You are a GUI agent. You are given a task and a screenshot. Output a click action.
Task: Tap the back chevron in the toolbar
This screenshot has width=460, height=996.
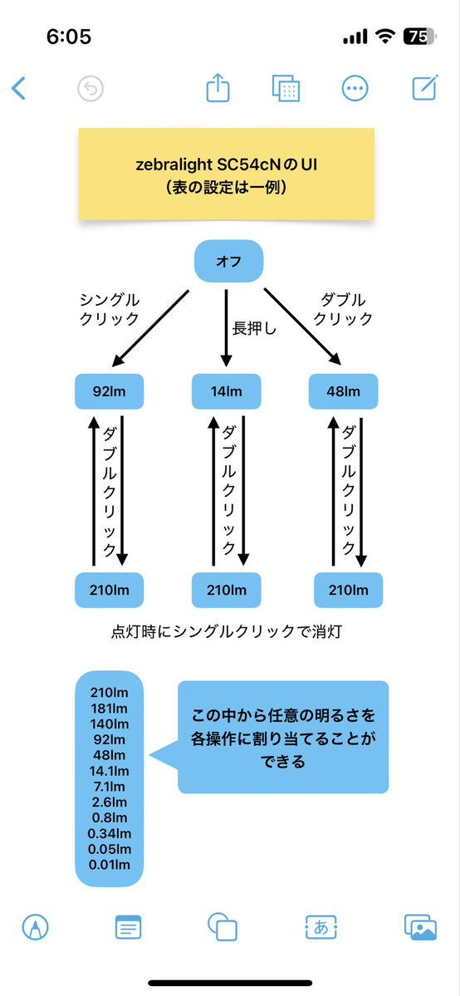(18, 88)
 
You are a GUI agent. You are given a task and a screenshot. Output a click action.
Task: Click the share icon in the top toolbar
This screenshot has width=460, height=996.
(218, 88)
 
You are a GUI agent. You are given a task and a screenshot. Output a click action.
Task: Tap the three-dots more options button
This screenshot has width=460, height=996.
(355, 88)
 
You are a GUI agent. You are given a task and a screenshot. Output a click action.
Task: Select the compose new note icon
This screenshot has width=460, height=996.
(425, 88)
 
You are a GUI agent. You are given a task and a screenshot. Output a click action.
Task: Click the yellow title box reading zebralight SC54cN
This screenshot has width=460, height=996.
(226, 174)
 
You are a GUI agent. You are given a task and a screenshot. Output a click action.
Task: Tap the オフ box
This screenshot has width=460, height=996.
(228, 261)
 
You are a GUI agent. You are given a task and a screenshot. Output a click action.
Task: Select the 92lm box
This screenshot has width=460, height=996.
(109, 391)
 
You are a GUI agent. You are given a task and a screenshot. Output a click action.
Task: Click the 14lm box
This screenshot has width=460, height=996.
(227, 391)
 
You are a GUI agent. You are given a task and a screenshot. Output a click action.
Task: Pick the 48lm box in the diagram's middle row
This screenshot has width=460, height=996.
(344, 391)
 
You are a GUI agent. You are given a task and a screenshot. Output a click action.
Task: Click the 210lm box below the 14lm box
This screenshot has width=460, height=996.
(227, 591)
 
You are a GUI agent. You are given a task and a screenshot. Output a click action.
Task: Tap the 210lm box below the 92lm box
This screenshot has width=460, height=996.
(109, 591)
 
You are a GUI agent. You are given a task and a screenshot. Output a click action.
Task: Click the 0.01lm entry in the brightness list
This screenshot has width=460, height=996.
(109, 865)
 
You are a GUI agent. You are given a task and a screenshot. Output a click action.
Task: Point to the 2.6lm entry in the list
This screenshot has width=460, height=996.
(109, 802)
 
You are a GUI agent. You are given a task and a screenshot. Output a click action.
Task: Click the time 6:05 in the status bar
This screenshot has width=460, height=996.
(69, 37)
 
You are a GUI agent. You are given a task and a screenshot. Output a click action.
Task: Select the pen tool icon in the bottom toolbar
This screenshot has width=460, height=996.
(36, 926)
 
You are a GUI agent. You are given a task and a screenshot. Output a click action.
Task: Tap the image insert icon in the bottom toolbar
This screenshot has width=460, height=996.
(420, 926)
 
